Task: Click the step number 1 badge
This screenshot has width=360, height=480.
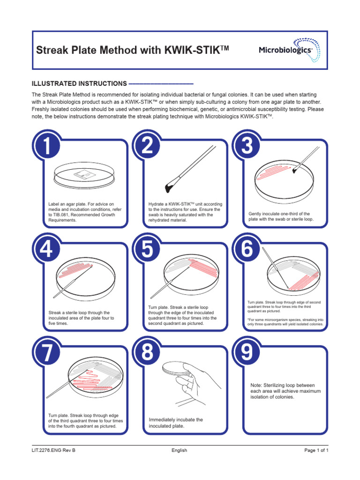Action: point(46,146)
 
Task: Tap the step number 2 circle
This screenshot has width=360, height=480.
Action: point(147,146)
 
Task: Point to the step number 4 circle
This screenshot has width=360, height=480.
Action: point(46,249)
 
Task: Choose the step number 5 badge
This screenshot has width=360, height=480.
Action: point(147,249)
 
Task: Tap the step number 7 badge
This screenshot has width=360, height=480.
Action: point(46,352)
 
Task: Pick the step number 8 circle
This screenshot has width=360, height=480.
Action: point(147,352)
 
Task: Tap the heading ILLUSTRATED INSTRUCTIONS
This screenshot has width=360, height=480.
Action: point(79,83)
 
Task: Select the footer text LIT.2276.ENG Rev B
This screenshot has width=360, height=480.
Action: point(53,450)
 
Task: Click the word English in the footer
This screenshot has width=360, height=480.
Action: point(179,450)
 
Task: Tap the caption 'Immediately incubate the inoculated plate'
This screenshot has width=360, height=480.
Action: point(176,423)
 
